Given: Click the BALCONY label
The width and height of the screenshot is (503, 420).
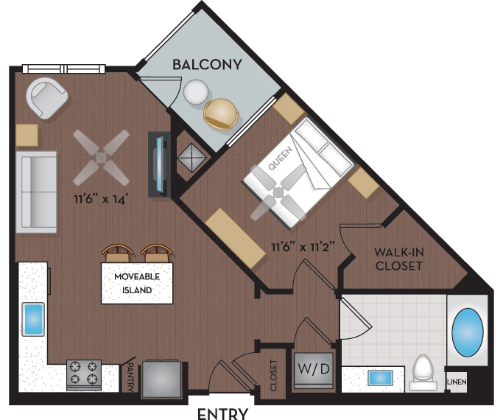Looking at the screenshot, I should click(206, 65).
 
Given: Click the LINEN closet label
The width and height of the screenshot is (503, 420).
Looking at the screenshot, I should click(457, 382).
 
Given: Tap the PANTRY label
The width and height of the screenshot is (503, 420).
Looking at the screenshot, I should click(129, 375).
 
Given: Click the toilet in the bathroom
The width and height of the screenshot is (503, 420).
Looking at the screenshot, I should click(423, 371).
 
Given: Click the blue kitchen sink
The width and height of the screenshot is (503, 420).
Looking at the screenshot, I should click(34, 319).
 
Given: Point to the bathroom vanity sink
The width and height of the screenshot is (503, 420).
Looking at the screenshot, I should click(380, 378).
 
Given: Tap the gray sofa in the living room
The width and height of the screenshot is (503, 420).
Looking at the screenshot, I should click(37, 192).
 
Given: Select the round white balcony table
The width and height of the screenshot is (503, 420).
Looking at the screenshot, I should click(196, 93).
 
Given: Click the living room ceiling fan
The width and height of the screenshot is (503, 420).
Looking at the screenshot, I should click(101, 156).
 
